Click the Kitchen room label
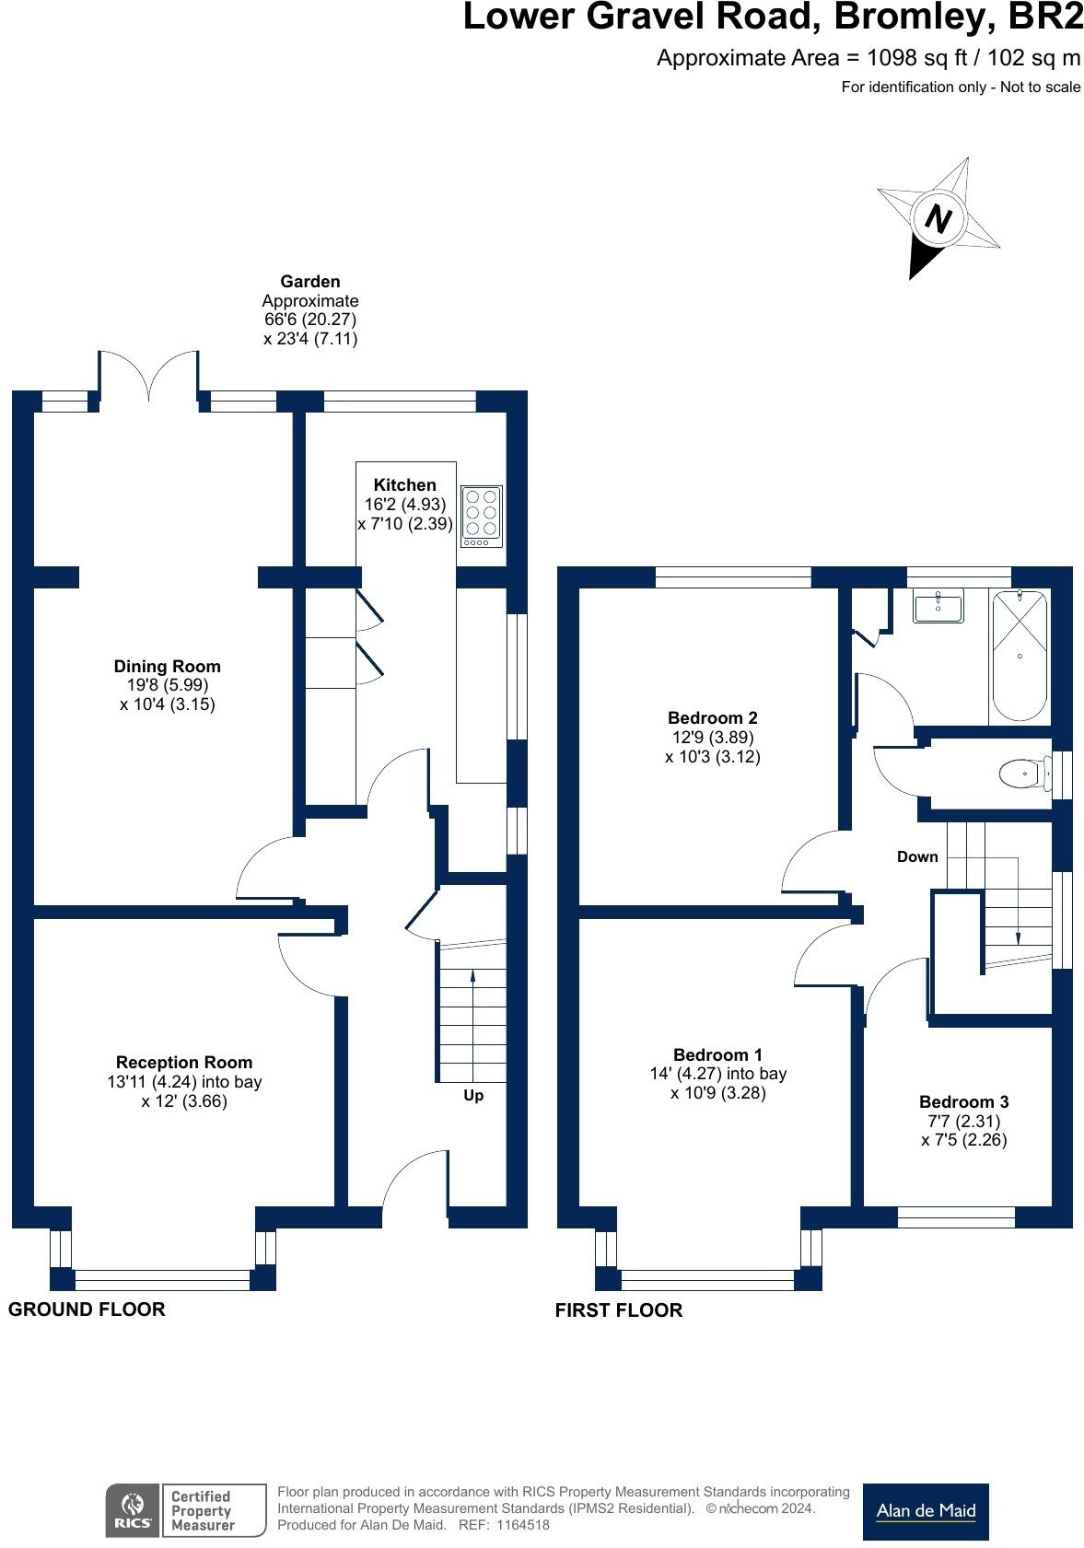(x=404, y=484)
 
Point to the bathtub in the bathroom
(x=1019, y=656)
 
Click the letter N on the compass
(x=938, y=220)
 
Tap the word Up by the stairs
(x=472, y=1095)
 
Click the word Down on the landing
(x=917, y=856)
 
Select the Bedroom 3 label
(x=963, y=1101)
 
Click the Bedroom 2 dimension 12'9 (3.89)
(x=713, y=737)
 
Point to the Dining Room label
(x=167, y=666)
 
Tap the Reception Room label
(x=184, y=1062)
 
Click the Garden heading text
(x=310, y=281)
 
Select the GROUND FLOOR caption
(x=87, y=1309)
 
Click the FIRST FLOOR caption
(x=618, y=1309)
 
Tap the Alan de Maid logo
(x=925, y=1511)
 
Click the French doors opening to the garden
(x=148, y=378)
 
